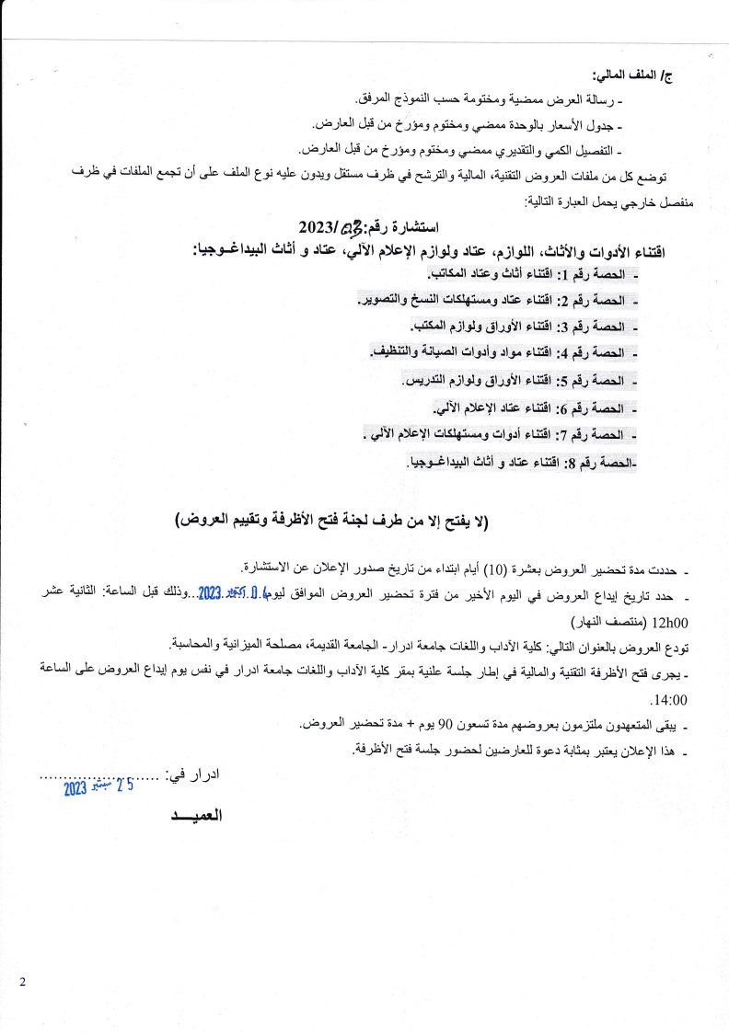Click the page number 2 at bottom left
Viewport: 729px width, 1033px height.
[x=22, y=982]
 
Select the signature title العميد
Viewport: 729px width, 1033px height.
[x=198, y=816]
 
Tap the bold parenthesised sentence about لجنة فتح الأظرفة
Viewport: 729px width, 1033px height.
[x=333, y=522]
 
